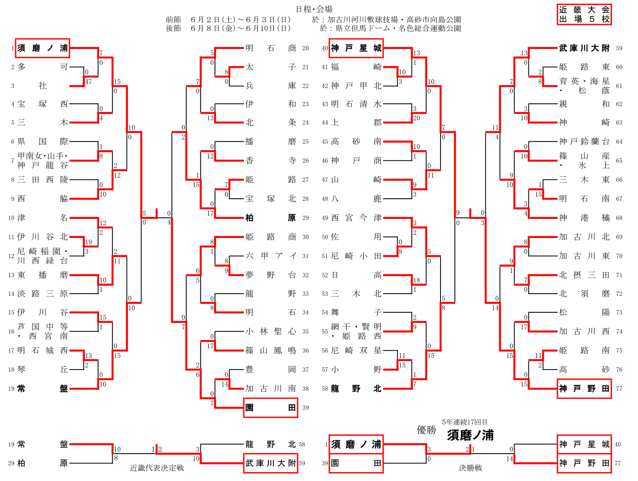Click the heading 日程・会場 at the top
tap(314, 9)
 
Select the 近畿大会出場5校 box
tap(584, 15)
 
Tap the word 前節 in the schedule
tap(173, 20)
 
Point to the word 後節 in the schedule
tap(173, 28)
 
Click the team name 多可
tap(43, 67)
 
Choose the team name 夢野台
tap(271, 275)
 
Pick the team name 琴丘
tap(43, 370)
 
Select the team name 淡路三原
tap(43, 294)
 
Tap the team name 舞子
tap(356, 312)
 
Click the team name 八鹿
tap(356, 199)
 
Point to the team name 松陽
tap(584, 312)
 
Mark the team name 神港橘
tap(584, 218)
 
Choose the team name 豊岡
tap(271, 370)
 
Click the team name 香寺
tap(271, 160)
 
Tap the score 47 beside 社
tap(88, 82)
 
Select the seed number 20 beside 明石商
tap(305, 48)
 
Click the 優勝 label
tap(426, 430)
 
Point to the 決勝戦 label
tap(470, 468)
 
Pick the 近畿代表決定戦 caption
tap(157, 468)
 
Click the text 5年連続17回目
tap(465, 422)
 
